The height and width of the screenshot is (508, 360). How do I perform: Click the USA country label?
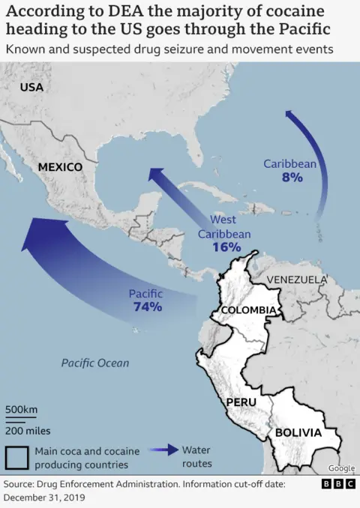pos(31,87)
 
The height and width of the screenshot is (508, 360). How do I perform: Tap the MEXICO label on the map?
pos(60,166)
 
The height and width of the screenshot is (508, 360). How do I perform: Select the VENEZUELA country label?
pos(297,279)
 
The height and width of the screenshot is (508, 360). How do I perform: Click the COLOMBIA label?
pos(250,310)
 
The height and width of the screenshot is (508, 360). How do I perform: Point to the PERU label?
pos(241,402)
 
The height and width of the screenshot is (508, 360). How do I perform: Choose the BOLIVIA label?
pos(298,432)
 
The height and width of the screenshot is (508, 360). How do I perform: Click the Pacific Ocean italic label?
pos(95,363)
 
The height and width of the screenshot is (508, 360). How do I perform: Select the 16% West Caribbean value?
pos(226,247)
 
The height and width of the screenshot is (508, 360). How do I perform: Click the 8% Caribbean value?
pos(292,178)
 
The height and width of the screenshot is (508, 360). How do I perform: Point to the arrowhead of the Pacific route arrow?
pos(34,234)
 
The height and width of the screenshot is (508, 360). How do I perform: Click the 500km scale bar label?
pos(22,410)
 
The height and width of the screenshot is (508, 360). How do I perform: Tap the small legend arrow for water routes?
pos(161,451)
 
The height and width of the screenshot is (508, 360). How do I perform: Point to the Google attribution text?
pos(341,468)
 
